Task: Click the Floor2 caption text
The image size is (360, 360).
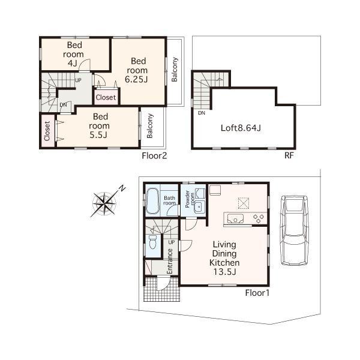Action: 154,156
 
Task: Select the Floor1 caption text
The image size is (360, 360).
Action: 258,293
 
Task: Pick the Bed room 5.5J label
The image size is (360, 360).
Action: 98,125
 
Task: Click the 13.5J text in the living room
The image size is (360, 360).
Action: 224,273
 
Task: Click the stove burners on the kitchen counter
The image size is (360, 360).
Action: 259,217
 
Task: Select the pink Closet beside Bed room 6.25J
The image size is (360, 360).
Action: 106,97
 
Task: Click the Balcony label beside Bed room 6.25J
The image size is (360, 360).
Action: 175,71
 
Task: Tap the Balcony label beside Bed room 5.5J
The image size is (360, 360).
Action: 149,127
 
